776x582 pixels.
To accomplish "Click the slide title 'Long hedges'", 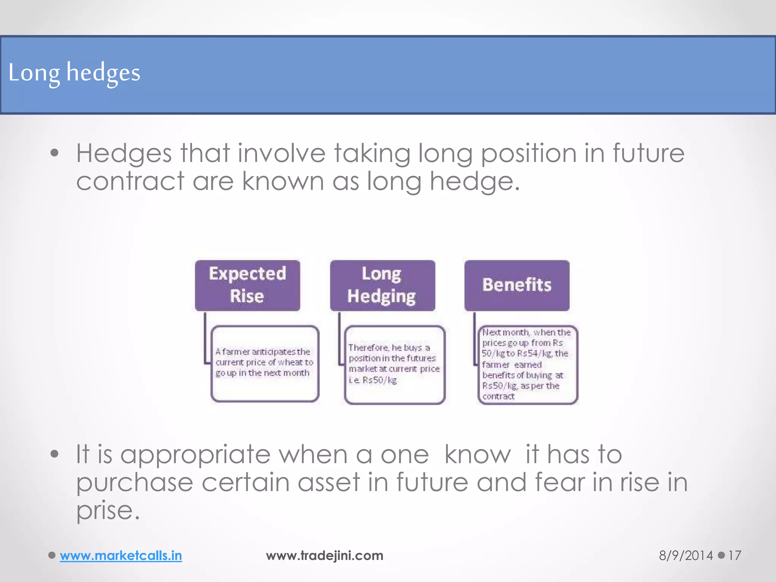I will coord(74,73).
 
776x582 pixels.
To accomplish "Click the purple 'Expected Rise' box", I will coord(247,285).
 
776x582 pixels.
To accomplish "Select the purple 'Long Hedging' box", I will coord(382,285).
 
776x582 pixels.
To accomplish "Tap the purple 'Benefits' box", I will coord(517,285).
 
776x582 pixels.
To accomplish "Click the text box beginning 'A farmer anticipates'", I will coord(265,363).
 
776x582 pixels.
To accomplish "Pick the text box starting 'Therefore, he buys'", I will coord(394,365).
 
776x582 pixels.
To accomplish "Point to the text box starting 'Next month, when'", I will coord(527,365).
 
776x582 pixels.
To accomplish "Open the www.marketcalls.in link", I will coord(121,555).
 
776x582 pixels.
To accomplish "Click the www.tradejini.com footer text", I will coord(325,555).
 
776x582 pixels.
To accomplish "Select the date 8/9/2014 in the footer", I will coord(686,555).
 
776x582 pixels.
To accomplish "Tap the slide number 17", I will coord(735,555).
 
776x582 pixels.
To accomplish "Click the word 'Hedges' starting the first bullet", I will coord(124,153).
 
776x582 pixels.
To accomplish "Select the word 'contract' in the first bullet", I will coord(130,181).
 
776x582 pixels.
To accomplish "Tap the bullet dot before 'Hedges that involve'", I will coord(55,153).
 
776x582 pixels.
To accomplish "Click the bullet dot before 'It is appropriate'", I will coord(55,454).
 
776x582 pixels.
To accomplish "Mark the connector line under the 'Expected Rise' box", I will coord(205,337).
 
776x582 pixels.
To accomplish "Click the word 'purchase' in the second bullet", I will coord(135,482).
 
